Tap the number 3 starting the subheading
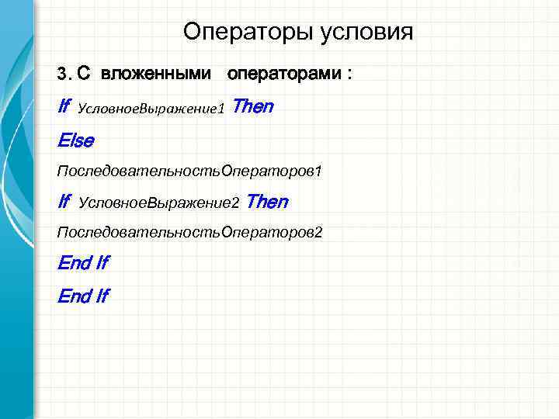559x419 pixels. tap(61, 75)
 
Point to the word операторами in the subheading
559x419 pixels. tap(284, 74)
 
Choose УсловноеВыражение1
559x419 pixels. tap(151, 109)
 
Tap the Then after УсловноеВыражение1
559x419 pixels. tap(252, 106)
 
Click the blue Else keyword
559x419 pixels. tap(75, 140)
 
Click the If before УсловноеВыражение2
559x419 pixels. tap(64, 202)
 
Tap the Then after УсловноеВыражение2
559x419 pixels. tap(267, 202)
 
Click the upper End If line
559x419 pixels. tap(83, 263)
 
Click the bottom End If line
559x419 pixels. tap(83, 296)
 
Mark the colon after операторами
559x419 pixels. tap(349, 74)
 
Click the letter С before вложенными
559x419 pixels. tap(84, 74)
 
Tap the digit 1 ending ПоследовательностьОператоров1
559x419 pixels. tap(318, 170)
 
